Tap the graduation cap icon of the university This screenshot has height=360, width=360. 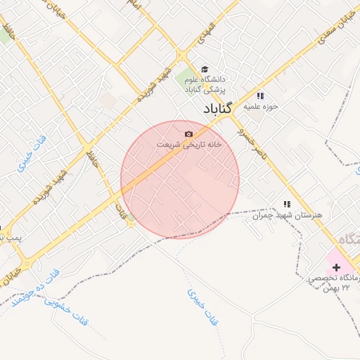(205, 70)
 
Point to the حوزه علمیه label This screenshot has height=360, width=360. (262, 107)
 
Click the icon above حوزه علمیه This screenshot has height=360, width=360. (260, 96)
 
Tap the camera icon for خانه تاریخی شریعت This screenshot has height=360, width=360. (188, 134)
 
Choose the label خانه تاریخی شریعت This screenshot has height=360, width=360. (188, 143)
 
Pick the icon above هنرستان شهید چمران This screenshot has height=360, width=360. (286, 204)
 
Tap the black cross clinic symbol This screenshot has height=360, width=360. (336, 267)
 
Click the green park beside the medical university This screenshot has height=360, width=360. (184, 79)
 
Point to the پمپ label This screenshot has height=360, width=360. (11, 238)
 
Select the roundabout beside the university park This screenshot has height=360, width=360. (181, 54)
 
